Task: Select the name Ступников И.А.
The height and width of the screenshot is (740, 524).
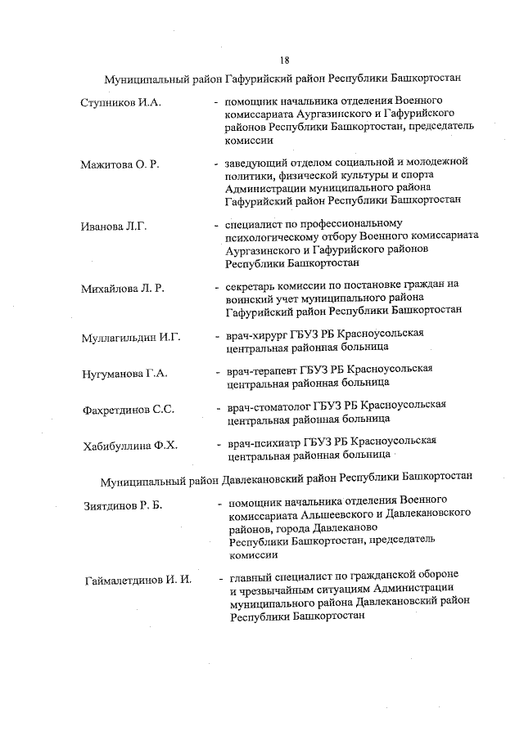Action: pyautogui.click(x=121, y=102)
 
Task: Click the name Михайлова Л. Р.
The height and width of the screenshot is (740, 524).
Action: pyautogui.click(x=123, y=288)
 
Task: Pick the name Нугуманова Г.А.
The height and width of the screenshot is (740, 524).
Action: pyautogui.click(x=124, y=374)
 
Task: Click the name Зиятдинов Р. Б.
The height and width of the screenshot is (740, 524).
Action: pyautogui.click(x=124, y=505)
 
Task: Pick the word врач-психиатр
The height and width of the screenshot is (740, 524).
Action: pyautogui.click(x=264, y=442)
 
